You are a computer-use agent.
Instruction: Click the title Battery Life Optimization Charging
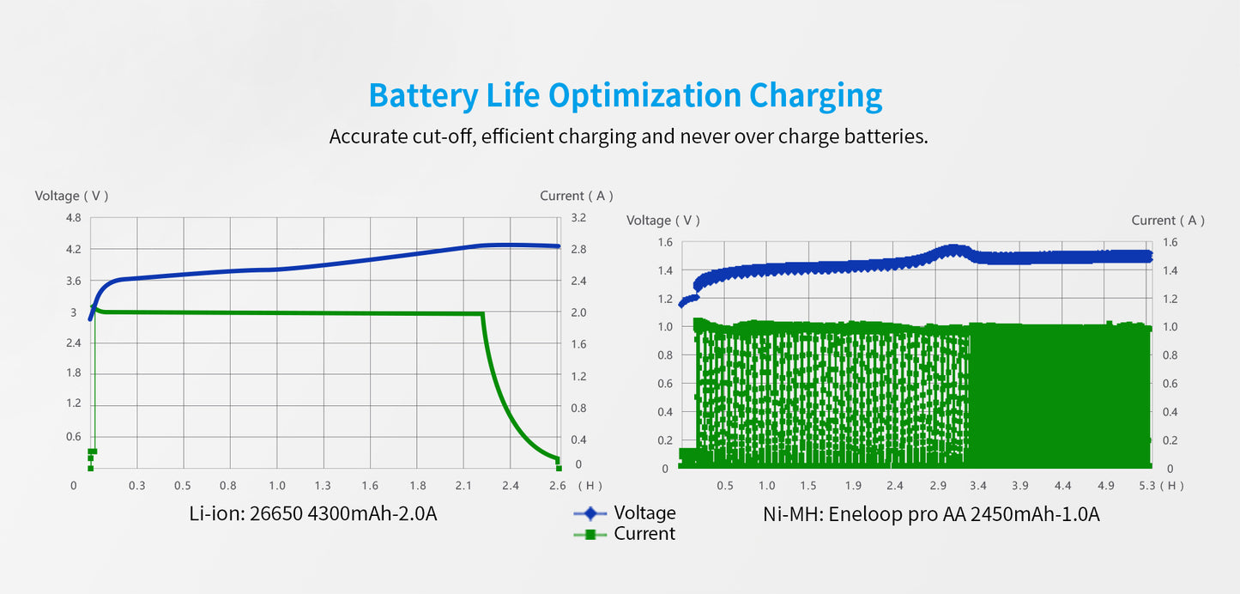[x=625, y=95]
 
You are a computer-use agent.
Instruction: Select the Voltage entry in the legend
[x=644, y=513]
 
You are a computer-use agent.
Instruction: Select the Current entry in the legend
[x=644, y=534]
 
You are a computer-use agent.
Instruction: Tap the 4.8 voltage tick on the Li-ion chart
[x=73, y=218]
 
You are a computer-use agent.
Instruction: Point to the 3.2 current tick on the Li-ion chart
[x=578, y=218]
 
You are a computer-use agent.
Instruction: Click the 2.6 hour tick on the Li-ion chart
[x=557, y=486]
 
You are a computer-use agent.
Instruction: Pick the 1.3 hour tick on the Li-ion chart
[x=323, y=486]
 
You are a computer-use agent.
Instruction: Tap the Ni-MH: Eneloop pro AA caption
[x=931, y=515]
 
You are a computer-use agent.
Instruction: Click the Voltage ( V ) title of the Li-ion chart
[x=71, y=196]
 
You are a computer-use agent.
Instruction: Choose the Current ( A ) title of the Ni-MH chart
[x=1167, y=221]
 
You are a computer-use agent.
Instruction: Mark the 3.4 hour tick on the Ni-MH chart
[x=978, y=486]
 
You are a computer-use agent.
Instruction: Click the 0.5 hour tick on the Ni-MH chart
[x=725, y=486]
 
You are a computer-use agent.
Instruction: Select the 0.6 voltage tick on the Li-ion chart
[x=73, y=436]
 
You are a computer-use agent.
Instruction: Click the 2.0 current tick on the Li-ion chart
[x=578, y=312]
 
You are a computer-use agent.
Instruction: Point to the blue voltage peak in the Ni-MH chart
[x=953, y=250]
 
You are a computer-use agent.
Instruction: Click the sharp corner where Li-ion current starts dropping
[x=482, y=314]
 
